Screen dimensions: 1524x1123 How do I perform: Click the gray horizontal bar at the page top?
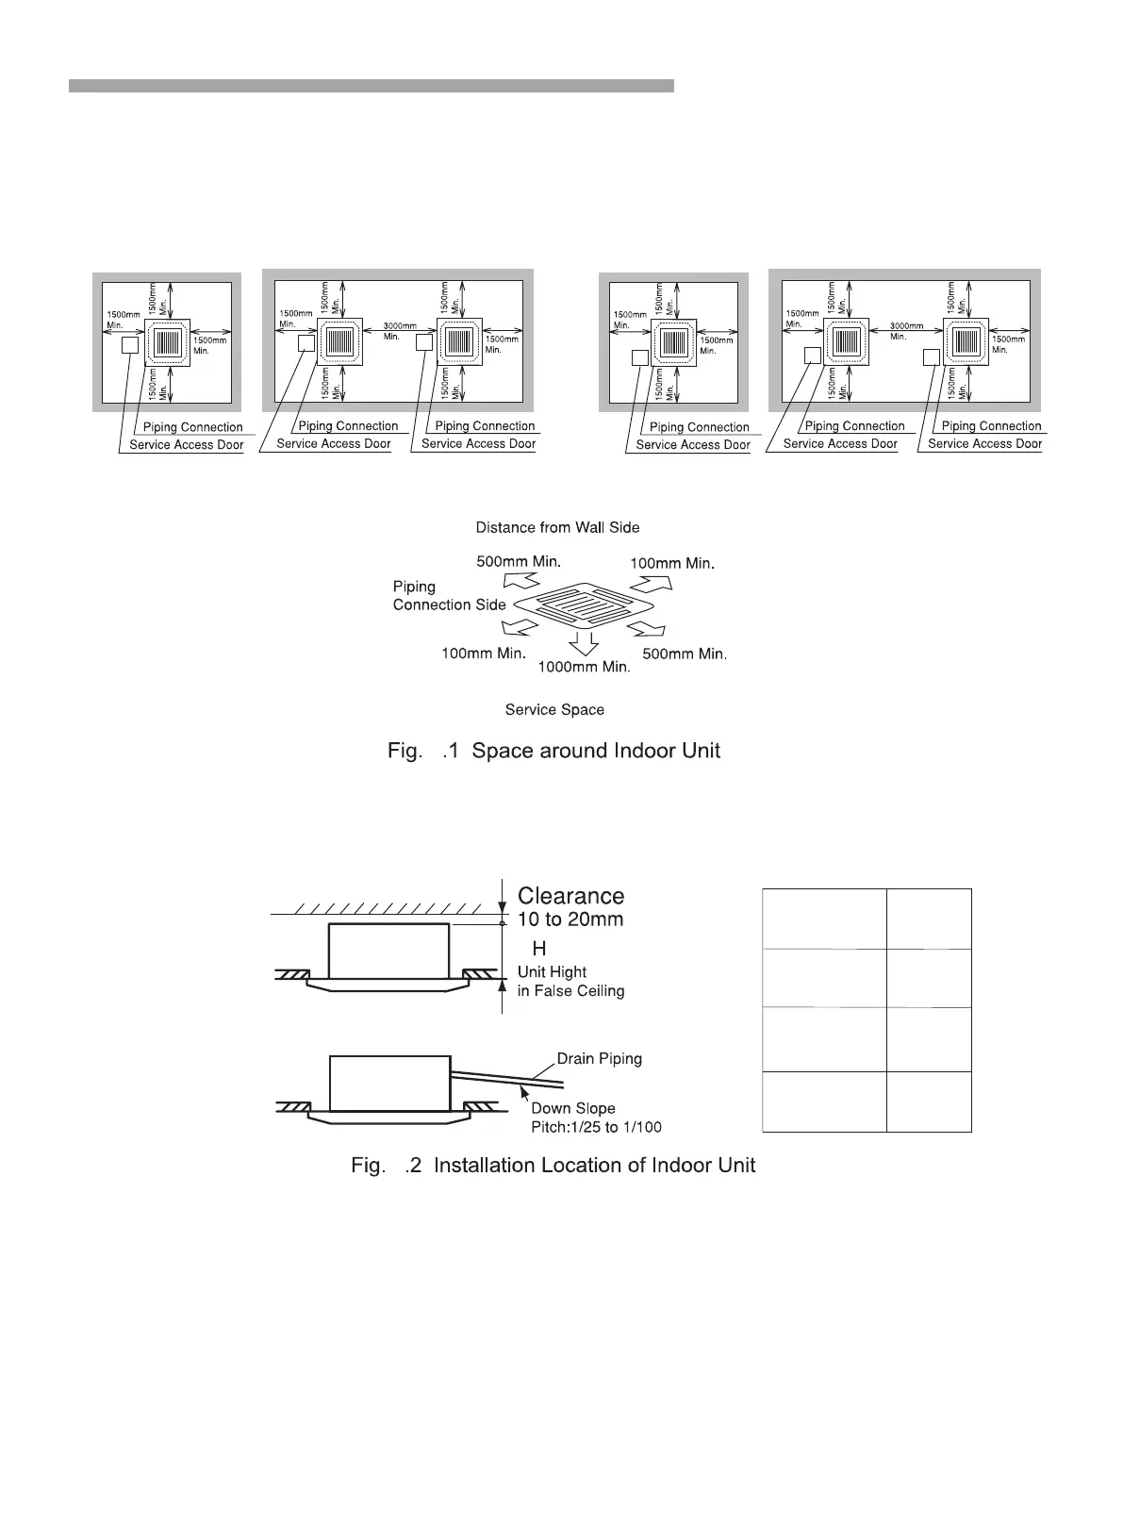coord(371,86)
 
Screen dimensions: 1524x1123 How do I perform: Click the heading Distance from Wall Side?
coord(557,527)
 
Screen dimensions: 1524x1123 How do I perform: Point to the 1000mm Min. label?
coord(583,668)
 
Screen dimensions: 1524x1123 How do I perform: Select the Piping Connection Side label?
coord(449,596)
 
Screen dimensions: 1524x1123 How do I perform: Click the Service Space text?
coord(554,709)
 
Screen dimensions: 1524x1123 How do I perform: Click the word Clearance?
coord(570,896)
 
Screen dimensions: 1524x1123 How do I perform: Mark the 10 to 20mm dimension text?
coord(570,919)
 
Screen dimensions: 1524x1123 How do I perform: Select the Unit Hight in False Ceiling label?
coord(570,981)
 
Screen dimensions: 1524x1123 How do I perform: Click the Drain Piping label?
coord(599,1058)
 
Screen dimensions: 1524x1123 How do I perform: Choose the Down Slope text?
coord(572,1108)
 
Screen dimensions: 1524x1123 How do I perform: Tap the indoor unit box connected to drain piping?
coord(388,1083)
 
